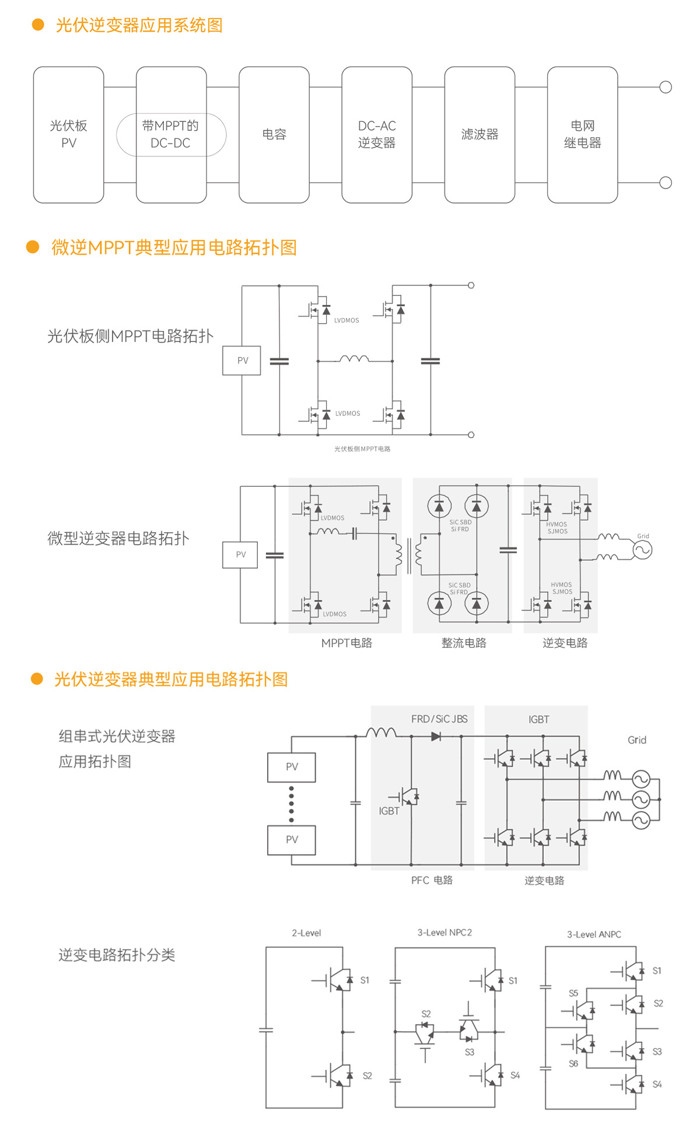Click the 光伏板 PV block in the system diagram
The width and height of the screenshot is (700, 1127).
(68, 134)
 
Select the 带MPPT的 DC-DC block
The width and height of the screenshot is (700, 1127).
(171, 134)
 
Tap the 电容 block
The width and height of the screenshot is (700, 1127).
(274, 134)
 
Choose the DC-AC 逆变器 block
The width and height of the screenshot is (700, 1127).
(376, 134)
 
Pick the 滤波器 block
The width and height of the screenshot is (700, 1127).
(480, 134)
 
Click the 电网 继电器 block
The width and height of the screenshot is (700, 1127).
(582, 134)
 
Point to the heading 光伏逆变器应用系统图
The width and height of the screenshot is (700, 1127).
(139, 25)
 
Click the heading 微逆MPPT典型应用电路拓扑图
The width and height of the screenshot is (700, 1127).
(174, 247)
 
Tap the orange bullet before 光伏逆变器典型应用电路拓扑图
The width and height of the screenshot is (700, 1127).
(37, 679)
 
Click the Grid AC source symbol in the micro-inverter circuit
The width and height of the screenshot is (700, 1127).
(642, 550)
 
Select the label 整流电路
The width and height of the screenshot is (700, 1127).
(464, 643)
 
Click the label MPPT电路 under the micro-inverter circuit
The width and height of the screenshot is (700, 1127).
(346, 643)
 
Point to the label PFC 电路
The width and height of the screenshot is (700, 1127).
(432, 880)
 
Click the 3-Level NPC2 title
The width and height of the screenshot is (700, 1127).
(444, 933)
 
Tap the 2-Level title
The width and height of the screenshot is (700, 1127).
(306, 933)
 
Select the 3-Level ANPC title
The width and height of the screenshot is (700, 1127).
(594, 934)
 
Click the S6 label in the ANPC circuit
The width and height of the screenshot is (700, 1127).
(573, 1063)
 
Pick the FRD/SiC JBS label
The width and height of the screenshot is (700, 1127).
(439, 719)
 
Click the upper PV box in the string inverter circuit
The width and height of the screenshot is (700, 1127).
(292, 767)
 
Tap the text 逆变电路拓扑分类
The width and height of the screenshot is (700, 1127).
(117, 955)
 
